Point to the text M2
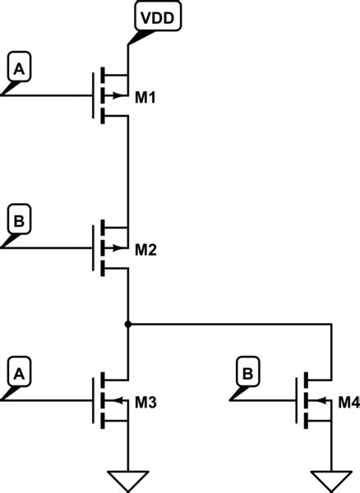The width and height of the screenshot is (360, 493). point(145,250)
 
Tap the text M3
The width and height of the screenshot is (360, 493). point(145,402)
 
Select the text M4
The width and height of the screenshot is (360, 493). point(348,402)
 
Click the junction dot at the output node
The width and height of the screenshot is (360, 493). point(128,325)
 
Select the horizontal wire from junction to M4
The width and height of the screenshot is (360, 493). point(230,325)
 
